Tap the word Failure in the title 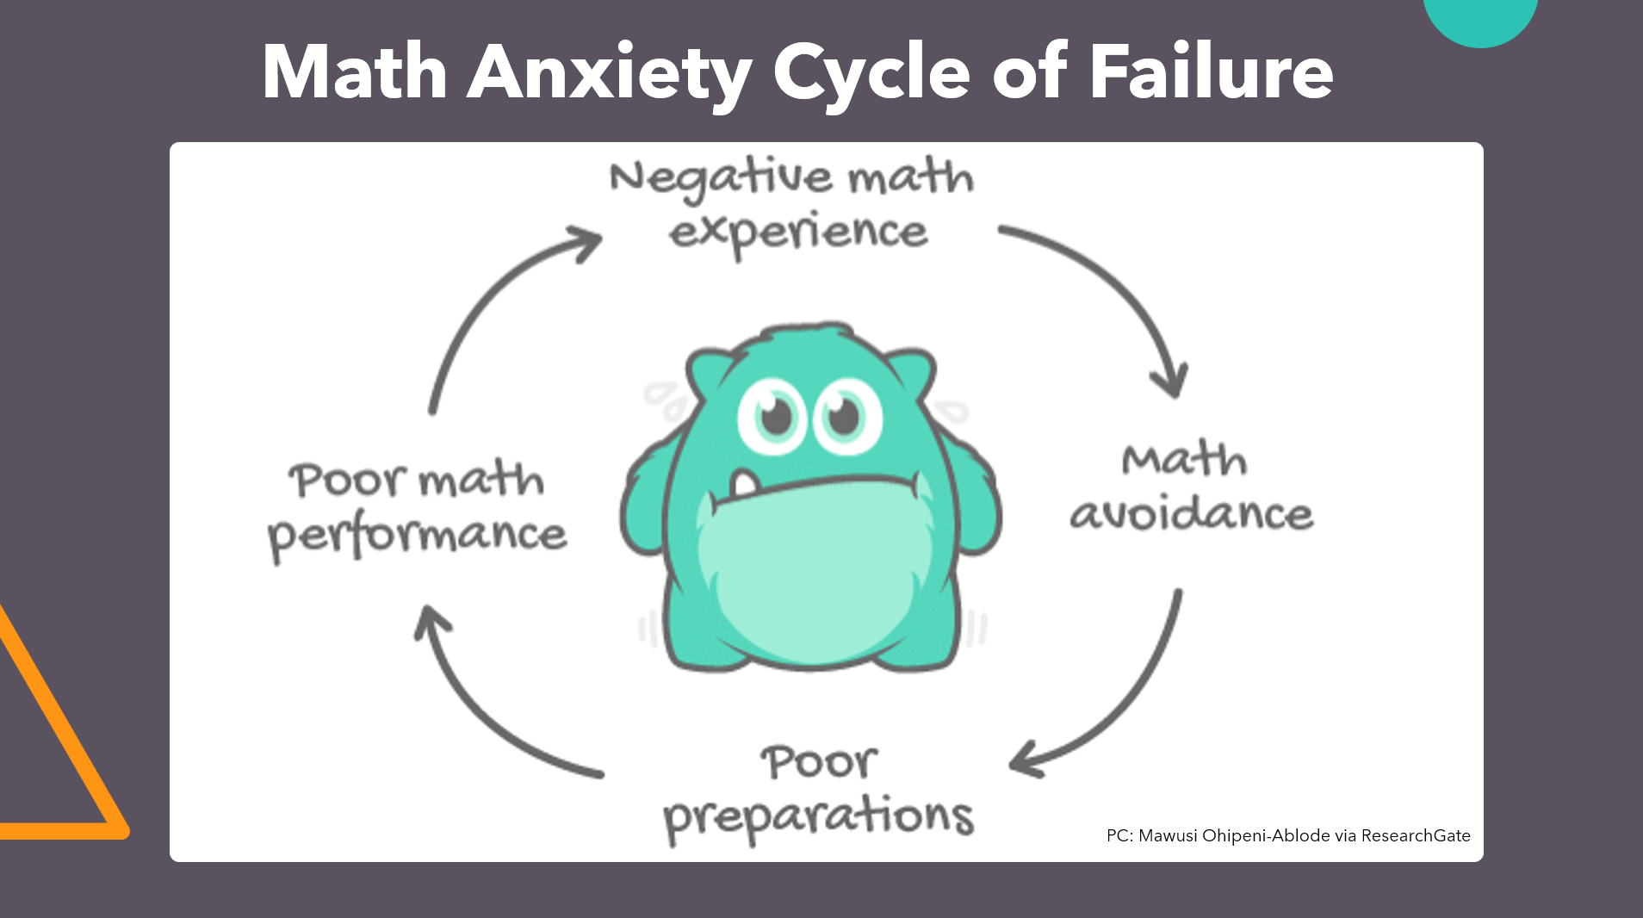[x=1211, y=73]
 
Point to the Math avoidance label [x=1191, y=487]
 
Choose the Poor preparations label [x=818, y=791]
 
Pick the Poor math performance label [x=418, y=508]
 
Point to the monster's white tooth [x=744, y=483]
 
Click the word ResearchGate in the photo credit [x=1416, y=835]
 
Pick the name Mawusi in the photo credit [x=1168, y=835]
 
